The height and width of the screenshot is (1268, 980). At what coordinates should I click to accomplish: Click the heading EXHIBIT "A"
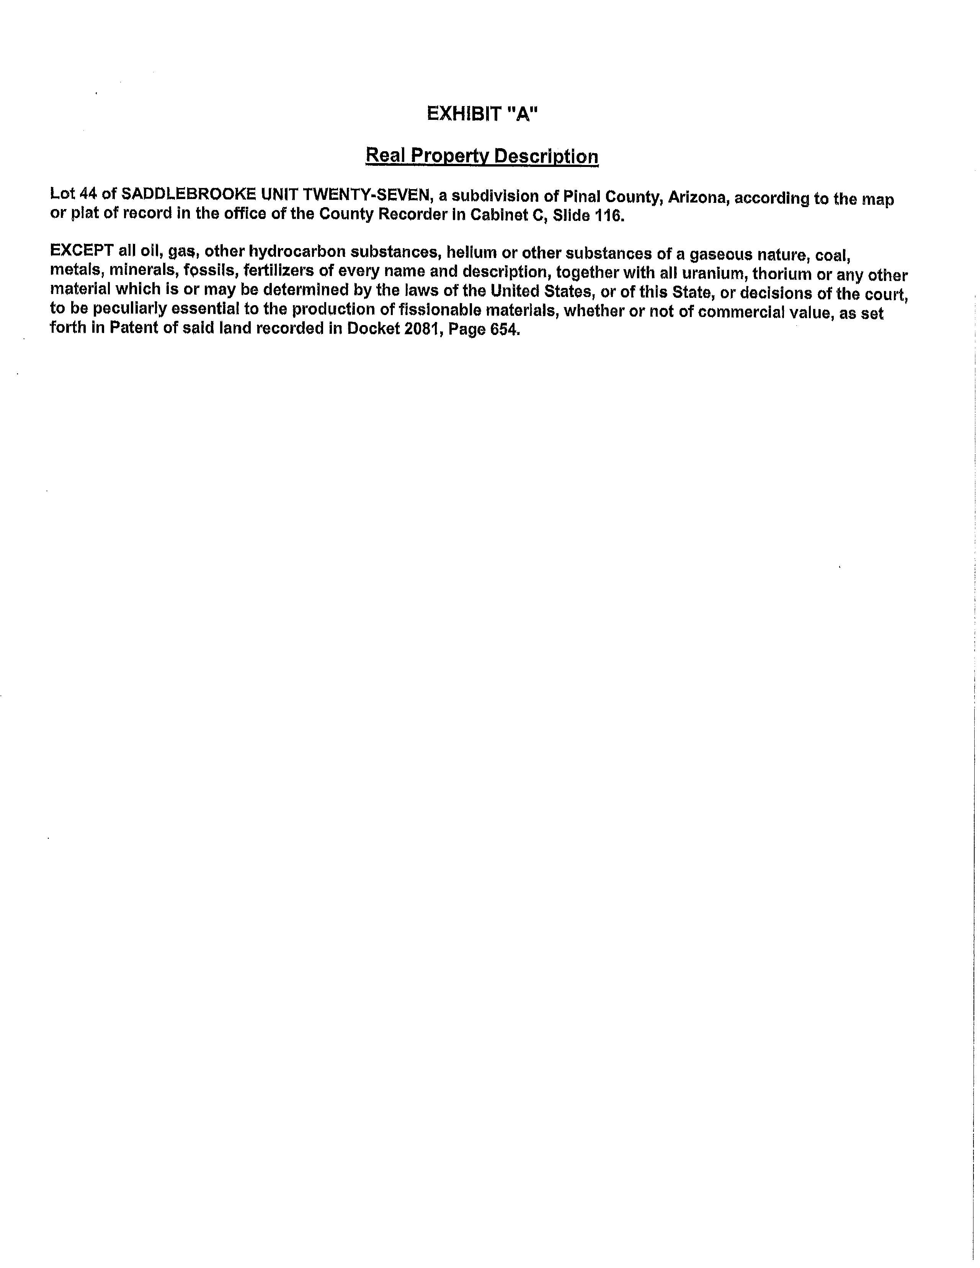click(x=482, y=114)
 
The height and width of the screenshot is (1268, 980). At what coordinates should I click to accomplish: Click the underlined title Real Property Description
click(x=482, y=156)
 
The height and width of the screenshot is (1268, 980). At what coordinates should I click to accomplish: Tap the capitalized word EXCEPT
click(x=81, y=251)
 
